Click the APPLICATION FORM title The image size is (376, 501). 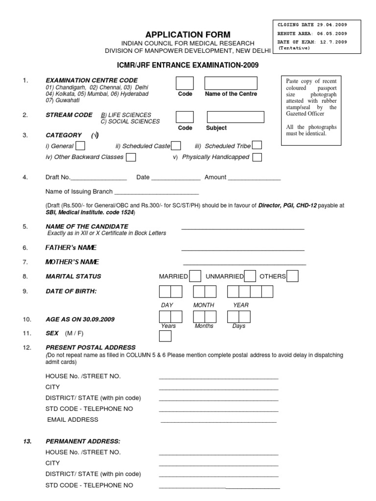pyautogui.click(x=188, y=35)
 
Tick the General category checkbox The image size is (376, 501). pyautogui.click(x=80, y=145)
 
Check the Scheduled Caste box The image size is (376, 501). pyautogui.click(x=176, y=145)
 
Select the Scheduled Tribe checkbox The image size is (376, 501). pyautogui.click(x=257, y=145)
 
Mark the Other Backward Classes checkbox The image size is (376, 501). pyautogui.click(x=131, y=157)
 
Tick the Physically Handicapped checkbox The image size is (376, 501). pyautogui.click(x=257, y=157)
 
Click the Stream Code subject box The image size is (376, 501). pyautogui.click(x=235, y=116)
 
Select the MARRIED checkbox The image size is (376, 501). pyautogui.click(x=194, y=276)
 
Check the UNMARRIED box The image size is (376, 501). pyautogui.click(x=250, y=276)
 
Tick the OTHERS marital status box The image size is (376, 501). pyautogui.click(x=292, y=276)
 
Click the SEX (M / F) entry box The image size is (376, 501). pyautogui.click(x=165, y=336)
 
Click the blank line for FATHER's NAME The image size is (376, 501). pyautogui.click(x=243, y=250)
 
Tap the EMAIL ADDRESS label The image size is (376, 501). pyautogui.click(x=72, y=419)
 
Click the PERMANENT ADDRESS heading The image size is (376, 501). pyautogui.click(x=82, y=441)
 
